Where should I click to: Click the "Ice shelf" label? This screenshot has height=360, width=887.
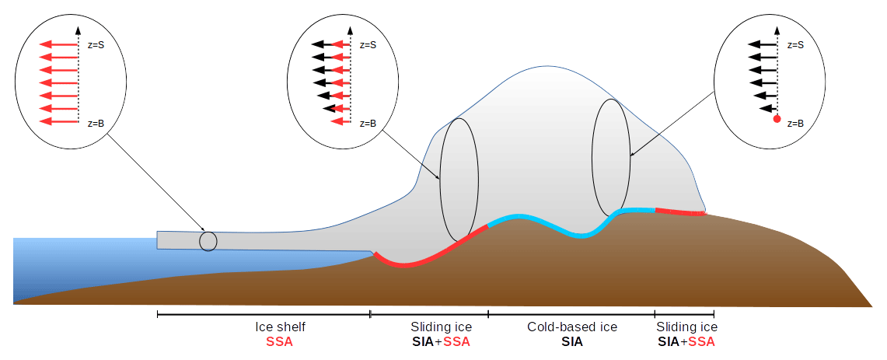coord(281,327)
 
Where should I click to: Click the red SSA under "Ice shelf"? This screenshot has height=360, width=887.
coord(279,342)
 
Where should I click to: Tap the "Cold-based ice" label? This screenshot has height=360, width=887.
coord(572,327)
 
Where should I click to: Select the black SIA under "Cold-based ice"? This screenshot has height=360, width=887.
coord(572,342)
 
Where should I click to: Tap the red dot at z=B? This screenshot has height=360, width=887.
coord(777,119)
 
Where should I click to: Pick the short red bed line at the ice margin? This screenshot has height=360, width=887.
coord(680,211)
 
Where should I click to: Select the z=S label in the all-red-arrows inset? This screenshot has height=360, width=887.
coord(96,45)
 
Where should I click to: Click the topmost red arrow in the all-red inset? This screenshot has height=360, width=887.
coord(58,45)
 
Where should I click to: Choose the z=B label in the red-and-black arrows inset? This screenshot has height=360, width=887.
coord(368,122)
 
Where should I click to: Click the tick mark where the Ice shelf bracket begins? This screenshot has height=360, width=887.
coord(157,313)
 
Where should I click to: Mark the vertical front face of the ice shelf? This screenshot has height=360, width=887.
coord(157,240)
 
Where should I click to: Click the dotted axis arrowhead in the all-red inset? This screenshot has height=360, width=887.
coord(78,30)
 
